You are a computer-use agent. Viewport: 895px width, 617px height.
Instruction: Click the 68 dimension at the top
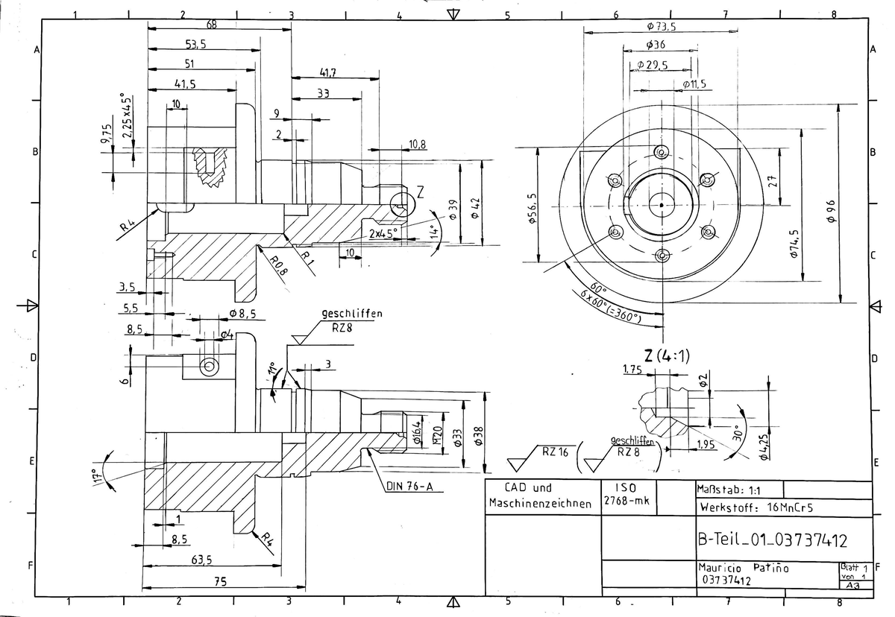[211, 25]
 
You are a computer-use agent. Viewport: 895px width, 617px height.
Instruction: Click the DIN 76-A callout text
[409, 487]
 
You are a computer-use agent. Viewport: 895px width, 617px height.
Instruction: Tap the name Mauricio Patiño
[742, 568]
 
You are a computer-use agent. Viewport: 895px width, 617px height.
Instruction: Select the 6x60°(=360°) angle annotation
[611, 306]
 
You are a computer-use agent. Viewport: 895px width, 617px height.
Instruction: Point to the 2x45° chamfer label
[383, 233]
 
